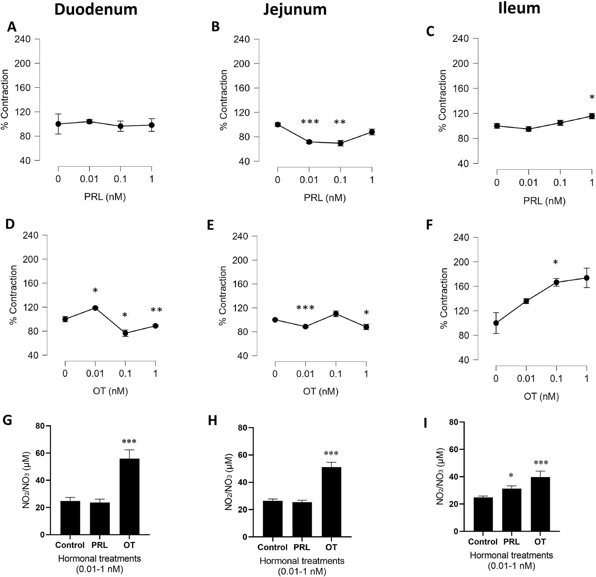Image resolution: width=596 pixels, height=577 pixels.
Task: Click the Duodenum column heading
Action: [96, 10]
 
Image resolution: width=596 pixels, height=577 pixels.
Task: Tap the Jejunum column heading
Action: [295, 10]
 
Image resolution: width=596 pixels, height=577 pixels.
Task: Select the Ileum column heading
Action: [519, 8]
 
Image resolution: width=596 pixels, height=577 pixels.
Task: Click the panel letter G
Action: [7, 421]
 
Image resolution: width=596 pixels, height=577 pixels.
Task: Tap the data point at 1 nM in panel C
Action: [592, 116]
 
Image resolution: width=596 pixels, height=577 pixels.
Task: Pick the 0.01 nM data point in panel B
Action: [309, 142]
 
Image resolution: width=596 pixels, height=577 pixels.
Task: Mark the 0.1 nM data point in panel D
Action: [125, 333]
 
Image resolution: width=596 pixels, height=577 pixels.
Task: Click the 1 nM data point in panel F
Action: [587, 278]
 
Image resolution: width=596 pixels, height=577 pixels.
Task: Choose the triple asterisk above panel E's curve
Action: [305, 308]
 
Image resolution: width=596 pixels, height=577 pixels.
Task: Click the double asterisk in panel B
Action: [340, 122]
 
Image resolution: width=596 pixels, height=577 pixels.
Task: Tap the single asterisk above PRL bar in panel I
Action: [511, 475]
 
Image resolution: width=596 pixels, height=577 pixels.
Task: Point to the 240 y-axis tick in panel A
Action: [23, 39]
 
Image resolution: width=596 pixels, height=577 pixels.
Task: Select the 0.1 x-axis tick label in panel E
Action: [336, 374]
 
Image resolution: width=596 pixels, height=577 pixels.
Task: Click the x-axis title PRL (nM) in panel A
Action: [105, 197]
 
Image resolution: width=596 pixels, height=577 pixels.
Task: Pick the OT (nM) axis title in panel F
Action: [541, 396]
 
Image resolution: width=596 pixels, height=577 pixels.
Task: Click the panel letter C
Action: [430, 31]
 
